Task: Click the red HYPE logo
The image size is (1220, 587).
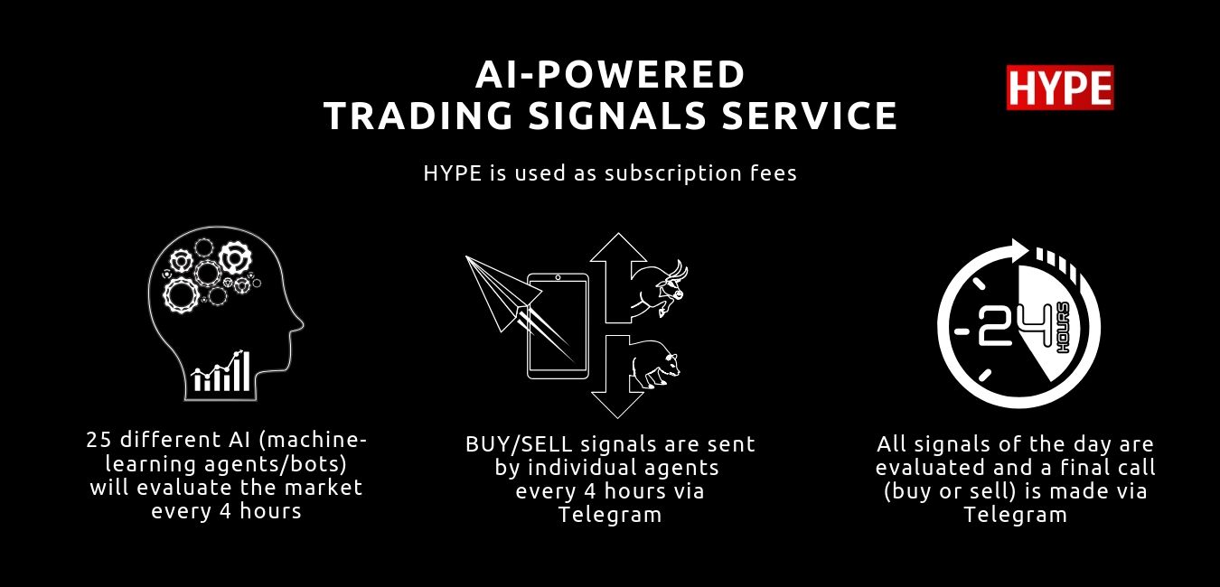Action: point(1060,88)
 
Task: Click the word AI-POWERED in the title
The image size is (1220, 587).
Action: point(610,75)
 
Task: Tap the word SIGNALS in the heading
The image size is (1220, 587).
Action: point(620,116)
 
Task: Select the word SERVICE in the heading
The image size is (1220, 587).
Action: point(810,116)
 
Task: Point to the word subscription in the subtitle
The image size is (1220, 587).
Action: point(673,174)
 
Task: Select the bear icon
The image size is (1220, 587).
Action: point(655,363)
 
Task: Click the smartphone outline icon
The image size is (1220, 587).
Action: point(558,326)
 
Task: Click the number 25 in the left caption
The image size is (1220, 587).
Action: point(99,440)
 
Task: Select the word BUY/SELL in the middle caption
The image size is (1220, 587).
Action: point(519,445)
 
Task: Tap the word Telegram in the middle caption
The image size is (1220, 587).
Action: point(610,515)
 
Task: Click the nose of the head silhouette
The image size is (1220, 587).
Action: point(299,325)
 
